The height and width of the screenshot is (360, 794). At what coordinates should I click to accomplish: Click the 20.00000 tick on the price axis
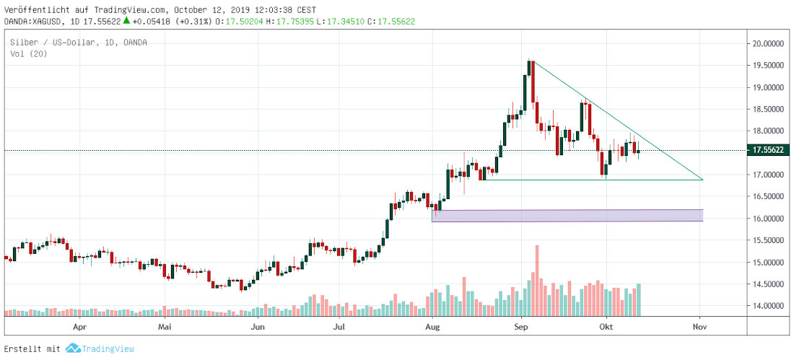(769, 43)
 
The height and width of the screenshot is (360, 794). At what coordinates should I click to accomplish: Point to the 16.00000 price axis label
(769, 219)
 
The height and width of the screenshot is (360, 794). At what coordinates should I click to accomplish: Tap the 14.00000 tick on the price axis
(769, 306)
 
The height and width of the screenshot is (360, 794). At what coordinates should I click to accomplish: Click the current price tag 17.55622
(769, 150)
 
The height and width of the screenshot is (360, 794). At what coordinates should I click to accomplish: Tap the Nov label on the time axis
(699, 326)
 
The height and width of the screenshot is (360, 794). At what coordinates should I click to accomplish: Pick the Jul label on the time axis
(340, 326)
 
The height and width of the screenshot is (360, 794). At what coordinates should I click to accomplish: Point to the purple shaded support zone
(567, 215)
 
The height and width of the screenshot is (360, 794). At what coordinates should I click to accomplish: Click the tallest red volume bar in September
(536, 281)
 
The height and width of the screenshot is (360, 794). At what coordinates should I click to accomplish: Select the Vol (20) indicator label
(29, 54)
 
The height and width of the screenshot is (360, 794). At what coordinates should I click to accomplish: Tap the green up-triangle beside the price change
(128, 22)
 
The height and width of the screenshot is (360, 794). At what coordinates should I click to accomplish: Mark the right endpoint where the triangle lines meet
(702, 180)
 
